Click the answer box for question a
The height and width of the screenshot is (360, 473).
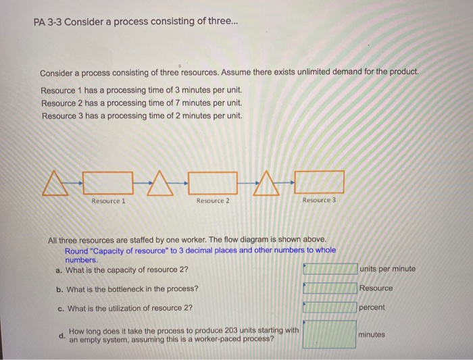[x=330, y=269]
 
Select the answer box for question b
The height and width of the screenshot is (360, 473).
[x=330, y=288]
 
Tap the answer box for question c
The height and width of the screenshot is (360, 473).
[x=330, y=307]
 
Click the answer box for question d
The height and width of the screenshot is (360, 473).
[x=330, y=334]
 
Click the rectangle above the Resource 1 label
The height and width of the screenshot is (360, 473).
[x=107, y=182]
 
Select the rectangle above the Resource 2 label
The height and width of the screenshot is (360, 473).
[x=213, y=182]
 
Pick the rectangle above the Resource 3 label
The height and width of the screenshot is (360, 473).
[x=319, y=182]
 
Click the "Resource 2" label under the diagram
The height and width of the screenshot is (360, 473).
[x=213, y=201]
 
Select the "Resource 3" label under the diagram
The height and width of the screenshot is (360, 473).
[x=319, y=201]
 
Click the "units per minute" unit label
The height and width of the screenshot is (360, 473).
[x=388, y=269]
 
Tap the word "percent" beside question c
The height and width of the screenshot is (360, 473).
[x=372, y=307]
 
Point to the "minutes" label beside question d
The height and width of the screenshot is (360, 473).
[x=372, y=334]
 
